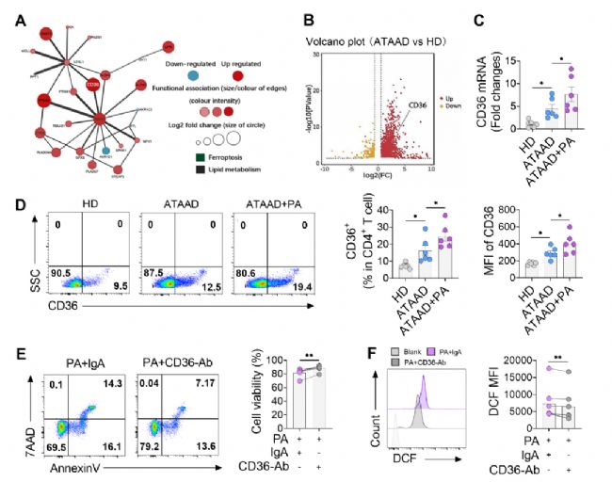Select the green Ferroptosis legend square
(x=198, y=156)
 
